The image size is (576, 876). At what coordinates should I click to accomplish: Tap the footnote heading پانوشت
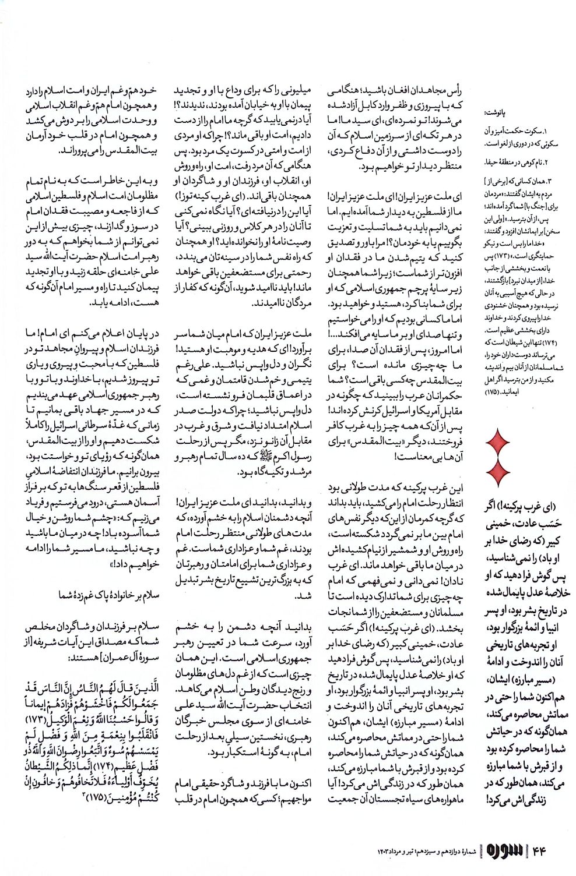[496, 114]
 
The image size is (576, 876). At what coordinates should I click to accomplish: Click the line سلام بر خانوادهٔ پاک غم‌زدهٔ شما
[108, 595]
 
